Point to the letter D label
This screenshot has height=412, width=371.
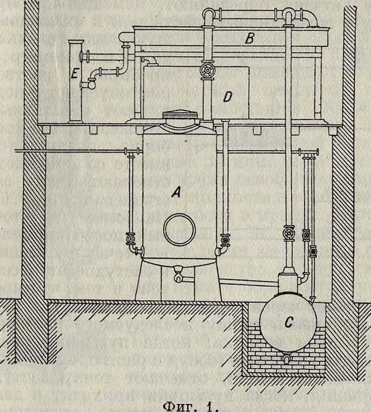point(227,97)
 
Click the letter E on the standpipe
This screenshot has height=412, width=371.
point(74,75)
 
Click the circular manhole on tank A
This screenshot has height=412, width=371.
point(180,229)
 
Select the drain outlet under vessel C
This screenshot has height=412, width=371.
point(287,358)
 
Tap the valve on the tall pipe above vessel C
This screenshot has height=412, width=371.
point(288,234)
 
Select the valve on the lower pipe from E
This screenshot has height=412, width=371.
point(90,84)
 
